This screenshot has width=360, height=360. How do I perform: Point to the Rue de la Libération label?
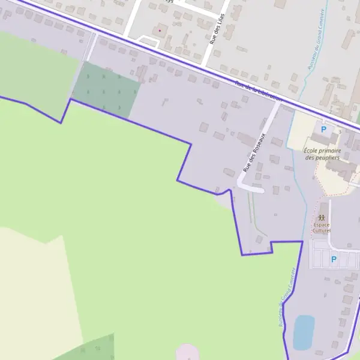coord(258,91)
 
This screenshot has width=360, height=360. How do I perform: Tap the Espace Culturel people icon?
coord(322,217)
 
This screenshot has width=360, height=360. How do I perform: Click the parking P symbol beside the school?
coord(324,129)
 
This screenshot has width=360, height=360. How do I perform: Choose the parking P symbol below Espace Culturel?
coord(334,259)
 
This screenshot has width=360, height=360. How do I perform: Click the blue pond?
coord(304,332)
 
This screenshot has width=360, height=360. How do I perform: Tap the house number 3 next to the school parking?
coord(339,131)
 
